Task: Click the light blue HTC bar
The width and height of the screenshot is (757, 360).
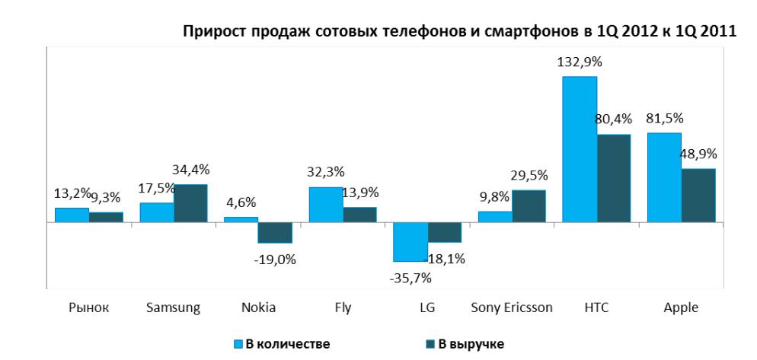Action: click(580, 149)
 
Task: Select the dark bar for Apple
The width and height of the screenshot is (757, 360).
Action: click(699, 195)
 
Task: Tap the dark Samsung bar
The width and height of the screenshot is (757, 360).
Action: click(190, 203)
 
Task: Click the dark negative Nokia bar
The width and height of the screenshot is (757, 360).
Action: click(275, 232)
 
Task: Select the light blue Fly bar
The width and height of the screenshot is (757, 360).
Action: click(325, 205)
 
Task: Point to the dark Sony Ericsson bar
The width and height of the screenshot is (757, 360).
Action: click(529, 206)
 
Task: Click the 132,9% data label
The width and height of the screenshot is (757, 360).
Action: click(580, 63)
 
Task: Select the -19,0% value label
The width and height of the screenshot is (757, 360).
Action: click(275, 259)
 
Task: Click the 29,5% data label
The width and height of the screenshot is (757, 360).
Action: click(529, 176)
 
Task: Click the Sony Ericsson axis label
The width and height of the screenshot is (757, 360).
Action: click(512, 307)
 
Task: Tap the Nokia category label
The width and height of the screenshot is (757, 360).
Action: click(258, 307)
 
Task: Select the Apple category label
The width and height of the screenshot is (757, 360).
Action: click(681, 307)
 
